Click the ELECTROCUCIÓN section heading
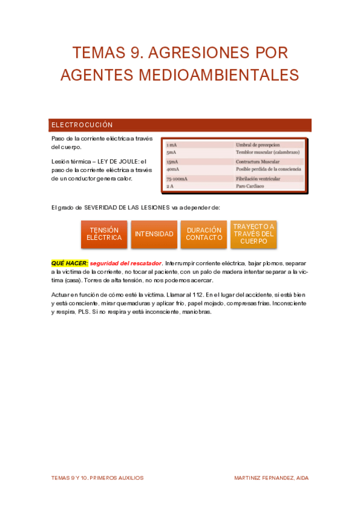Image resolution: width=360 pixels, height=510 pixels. [82, 125]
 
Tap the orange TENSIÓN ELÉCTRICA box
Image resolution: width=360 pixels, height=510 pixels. [104, 234]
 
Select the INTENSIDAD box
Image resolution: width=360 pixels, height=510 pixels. [154, 234]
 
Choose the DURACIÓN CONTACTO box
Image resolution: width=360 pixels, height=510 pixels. [204, 234]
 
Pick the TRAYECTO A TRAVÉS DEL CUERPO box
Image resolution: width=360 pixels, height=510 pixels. [254, 234]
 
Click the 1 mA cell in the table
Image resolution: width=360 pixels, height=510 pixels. [172, 145]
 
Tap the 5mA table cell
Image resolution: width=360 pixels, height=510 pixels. [172, 153]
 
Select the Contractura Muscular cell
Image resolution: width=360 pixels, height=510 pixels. [258, 162]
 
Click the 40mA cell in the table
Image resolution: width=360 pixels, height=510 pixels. [173, 170]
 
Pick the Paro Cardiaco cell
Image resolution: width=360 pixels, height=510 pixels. [250, 186]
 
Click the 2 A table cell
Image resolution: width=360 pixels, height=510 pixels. [171, 186]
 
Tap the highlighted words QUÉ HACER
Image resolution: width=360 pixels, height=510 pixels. [70, 263]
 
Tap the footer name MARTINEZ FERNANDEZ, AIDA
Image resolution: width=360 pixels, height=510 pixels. [272, 478]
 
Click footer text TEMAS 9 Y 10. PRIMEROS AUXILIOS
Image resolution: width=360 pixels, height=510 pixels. [97, 478]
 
